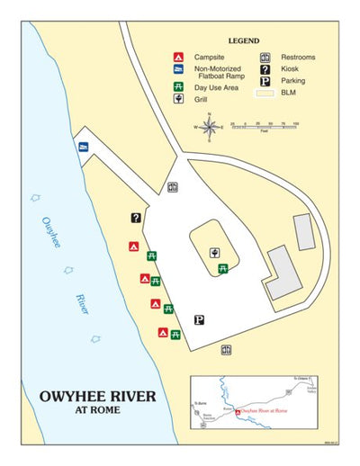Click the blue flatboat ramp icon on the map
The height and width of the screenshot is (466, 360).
pos(83,148)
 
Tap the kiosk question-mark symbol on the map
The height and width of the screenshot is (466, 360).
pos(136,217)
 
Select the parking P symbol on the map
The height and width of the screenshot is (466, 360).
pos(200,318)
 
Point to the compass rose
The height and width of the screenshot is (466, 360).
pos(210,128)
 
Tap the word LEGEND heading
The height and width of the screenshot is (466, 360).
pos(244,41)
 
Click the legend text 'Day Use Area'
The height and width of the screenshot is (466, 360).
pos(216,88)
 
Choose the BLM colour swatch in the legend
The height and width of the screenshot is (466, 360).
pos(265,93)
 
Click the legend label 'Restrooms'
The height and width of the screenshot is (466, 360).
pos(298,58)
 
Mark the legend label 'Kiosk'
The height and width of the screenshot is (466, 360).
pos(290,69)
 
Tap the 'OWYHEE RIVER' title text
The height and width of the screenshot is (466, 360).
pos(97,396)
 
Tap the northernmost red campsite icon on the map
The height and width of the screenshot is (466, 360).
pos(132,246)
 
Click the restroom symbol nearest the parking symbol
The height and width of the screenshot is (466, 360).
pos(227,349)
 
